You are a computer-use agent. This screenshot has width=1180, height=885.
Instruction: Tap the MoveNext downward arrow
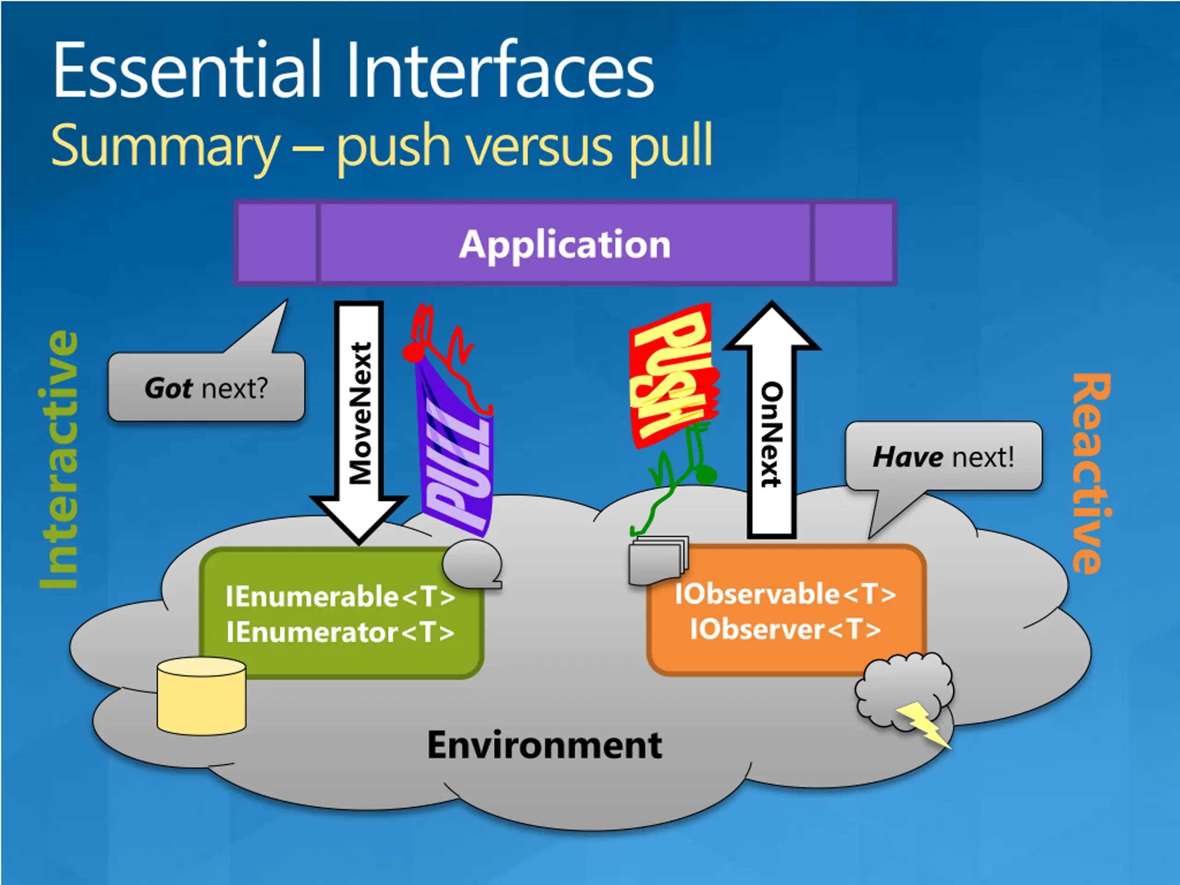359,421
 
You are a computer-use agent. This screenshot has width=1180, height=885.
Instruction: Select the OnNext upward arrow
771,419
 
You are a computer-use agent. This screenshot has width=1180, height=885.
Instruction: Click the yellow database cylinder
201,696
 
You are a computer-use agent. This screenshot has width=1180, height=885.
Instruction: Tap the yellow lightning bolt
923,723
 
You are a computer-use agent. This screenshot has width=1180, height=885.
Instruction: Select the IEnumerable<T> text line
340,596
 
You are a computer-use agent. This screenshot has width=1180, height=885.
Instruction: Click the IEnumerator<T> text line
340,632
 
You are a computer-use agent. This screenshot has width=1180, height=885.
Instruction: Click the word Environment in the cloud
545,745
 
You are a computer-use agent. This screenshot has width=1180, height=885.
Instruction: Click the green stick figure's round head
706,474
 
